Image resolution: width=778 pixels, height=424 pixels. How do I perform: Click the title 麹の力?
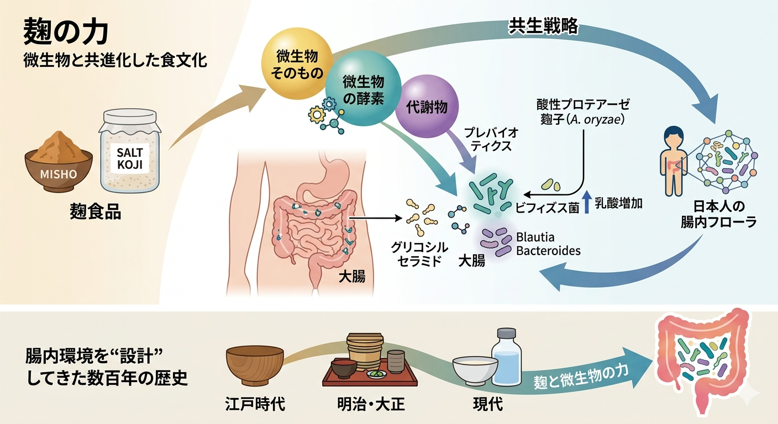point(66,34)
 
